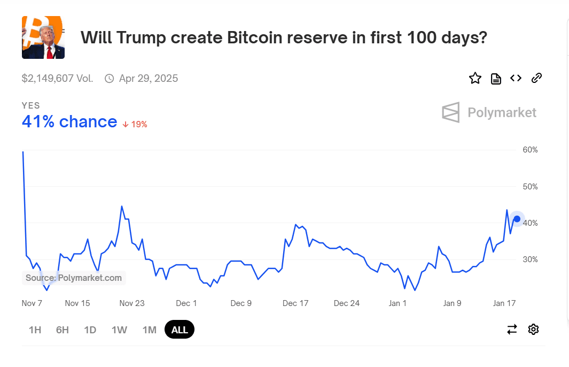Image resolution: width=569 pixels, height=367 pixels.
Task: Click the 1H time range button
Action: [35, 330]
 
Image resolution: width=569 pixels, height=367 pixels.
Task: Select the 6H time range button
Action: [63, 330]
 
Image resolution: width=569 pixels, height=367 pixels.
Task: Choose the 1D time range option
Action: [90, 330]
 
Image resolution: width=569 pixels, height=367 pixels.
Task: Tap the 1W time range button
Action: [119, 330]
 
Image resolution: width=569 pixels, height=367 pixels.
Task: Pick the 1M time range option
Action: [150, 330]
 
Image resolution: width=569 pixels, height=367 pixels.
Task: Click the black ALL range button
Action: [180, 330]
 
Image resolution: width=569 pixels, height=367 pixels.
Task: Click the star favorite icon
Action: [475, 79]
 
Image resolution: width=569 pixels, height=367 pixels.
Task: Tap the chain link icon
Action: [536, 79]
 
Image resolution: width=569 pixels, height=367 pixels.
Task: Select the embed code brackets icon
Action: [516, 79]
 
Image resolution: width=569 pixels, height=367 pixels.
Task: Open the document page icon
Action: [496, 79]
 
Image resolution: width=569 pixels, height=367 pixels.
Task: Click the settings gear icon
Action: [533, 329]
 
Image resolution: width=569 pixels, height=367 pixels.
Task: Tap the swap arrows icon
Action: [512, 329]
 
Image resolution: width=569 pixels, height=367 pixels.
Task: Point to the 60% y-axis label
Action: [530, 150]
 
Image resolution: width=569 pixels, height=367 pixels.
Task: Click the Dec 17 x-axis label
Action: [295, 303]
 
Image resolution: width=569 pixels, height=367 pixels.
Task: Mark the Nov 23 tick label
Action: [132, 303]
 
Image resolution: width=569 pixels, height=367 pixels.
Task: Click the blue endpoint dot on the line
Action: [517, 219]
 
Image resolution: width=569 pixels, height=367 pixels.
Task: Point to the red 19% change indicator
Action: [135, 124]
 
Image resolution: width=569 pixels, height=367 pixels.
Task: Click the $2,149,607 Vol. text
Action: [58, 79]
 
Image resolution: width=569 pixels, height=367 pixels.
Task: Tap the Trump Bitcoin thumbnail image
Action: [43, 37]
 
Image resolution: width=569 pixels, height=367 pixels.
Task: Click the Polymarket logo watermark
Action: [489, 112]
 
